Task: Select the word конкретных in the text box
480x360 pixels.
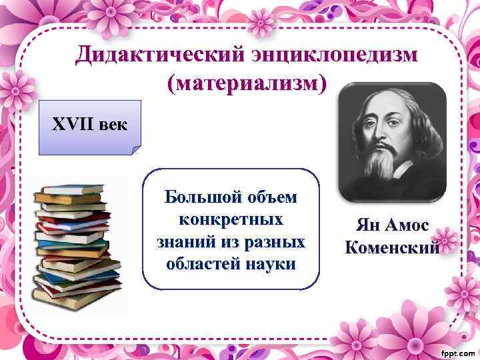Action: pos(231,219)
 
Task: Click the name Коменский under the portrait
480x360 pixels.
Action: pos(393,247)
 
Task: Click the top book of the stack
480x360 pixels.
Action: pos(69,190)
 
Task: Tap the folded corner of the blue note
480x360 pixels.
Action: pos(135,149)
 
